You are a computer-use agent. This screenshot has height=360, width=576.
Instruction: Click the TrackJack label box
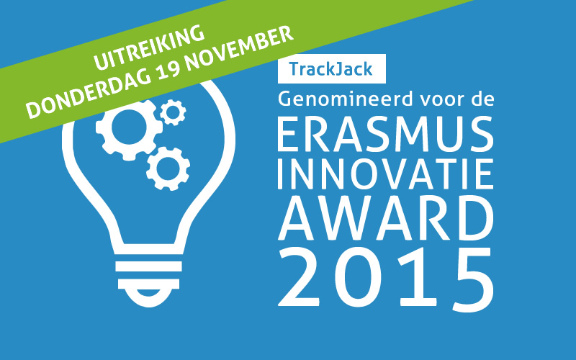click(332, 68)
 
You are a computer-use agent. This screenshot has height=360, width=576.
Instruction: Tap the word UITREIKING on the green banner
click(149, 47)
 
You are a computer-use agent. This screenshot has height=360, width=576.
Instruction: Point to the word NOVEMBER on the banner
click(239, 47)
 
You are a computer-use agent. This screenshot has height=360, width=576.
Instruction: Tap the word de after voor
click(482, 99)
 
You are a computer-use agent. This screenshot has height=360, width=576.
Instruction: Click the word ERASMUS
click(385, 134)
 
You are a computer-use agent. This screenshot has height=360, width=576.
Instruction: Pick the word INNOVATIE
click(385, 174)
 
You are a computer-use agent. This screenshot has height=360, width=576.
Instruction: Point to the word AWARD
click(386, 217)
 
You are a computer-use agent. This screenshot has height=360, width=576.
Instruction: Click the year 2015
click(386, 279)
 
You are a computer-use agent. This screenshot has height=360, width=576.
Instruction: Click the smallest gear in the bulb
click(173, 112)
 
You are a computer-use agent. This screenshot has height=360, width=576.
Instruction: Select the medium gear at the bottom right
click(168, 168)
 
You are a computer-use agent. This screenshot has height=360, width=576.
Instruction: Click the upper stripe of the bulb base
click(148, 266)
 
